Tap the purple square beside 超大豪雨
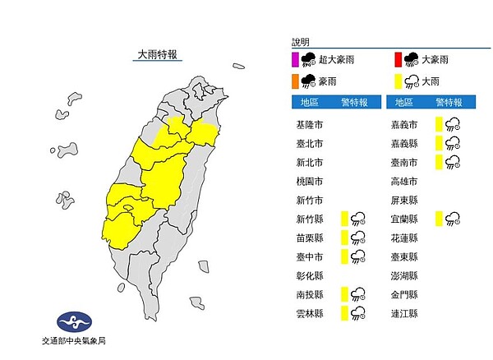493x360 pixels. tap(297, 58)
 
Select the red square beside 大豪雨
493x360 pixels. tap(398, 58)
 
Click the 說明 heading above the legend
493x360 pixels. tap(301, 41)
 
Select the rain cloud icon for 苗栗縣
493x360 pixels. tap(358, 238)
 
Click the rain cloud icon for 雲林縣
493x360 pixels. tap(358, 312)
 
